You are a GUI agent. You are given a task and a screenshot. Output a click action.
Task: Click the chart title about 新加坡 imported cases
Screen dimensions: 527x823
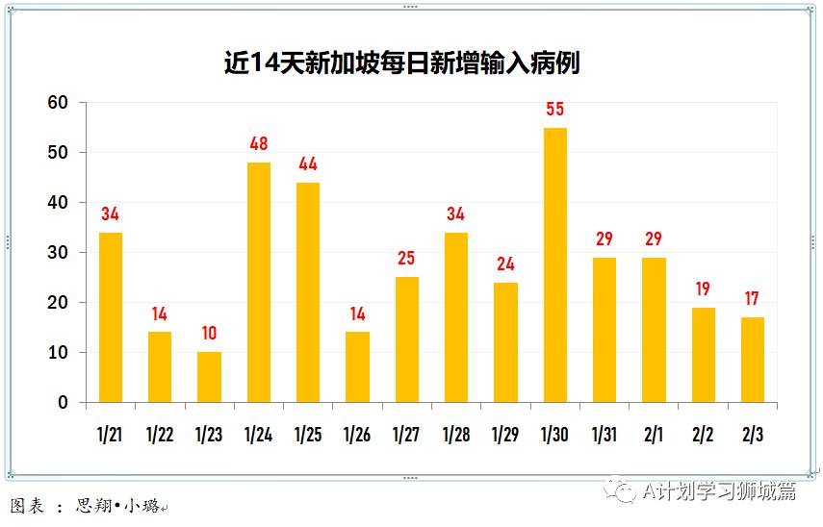[x=401, y=63]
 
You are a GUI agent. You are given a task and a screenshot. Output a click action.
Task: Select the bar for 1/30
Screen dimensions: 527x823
[x=554, y=264]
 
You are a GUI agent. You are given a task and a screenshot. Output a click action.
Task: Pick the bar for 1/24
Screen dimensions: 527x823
[x=258, y=282]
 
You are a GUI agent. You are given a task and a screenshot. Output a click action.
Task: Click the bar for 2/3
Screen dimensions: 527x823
[x=752, y=360]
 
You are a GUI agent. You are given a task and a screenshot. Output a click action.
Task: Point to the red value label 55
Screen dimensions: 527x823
[x=554, y=110]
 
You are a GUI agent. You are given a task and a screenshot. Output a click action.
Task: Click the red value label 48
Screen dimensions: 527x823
[x=258, y=144]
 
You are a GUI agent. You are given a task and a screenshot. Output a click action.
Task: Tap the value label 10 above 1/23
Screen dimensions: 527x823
[x=209, y=334]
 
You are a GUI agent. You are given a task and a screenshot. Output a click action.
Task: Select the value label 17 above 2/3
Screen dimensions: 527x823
[x=752, y=299]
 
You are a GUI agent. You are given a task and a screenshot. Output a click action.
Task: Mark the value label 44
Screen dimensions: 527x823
[x=308, y=164]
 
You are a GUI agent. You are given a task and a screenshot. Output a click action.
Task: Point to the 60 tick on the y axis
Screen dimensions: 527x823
[x=59, y=103]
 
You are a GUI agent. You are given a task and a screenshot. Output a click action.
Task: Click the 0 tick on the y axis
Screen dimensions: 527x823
[x=64, y=403]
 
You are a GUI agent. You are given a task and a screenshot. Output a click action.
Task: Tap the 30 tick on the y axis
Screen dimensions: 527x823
[x=59, y=253]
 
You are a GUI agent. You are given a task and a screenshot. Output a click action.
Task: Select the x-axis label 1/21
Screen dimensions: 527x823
[x=111, y=435]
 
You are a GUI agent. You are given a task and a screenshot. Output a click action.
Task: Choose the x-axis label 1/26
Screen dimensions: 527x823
[x=357, y=435]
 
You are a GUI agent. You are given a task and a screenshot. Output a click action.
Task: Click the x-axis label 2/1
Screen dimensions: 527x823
[x=654, y=435]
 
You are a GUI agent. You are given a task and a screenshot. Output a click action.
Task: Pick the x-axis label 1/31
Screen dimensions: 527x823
[x=604, y=435]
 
